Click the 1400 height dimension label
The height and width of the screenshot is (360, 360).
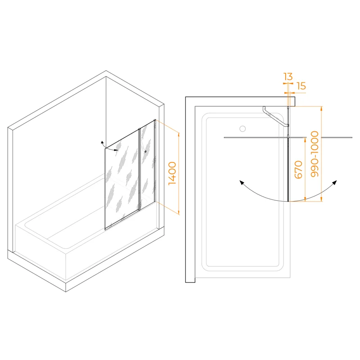(x=172, y=173)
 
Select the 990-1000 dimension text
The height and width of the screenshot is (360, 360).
(x=315, y=153)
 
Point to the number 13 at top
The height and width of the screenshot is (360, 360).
(x=288, y=76)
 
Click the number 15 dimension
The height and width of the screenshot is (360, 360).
(x=301, y=85)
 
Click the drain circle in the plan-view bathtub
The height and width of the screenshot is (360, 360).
(x=243, y=128)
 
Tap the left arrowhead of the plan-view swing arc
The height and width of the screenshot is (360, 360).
(x=241, y=182)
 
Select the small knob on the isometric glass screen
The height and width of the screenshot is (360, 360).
(x=145, y=151)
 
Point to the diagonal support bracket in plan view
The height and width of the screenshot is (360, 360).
(x=274, y=116)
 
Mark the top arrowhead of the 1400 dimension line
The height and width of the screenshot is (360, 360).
(x=179, y=134)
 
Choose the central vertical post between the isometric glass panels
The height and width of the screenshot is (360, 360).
(x=139, y=169)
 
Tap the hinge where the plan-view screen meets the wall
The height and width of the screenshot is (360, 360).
(x=288, y=108)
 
